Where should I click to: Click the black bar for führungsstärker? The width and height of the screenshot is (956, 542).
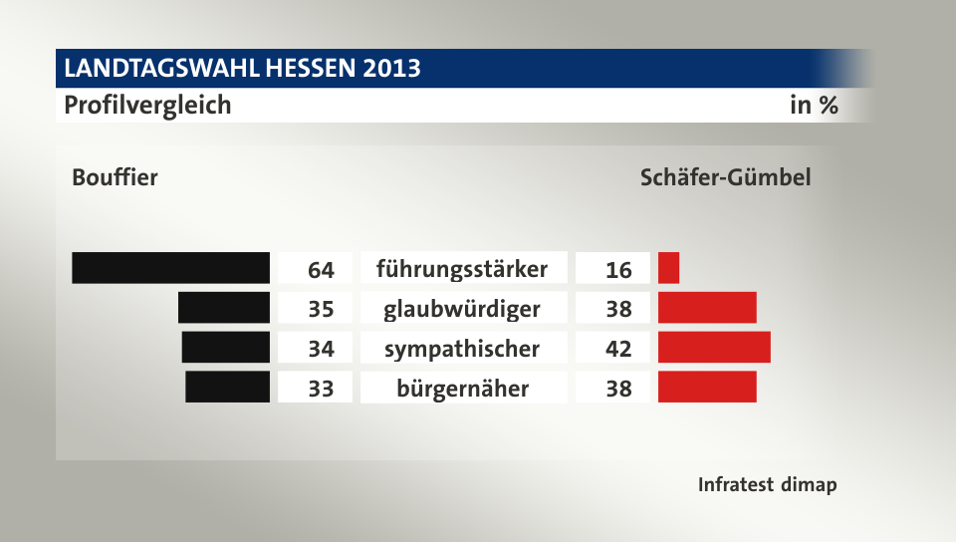(x=171, y=268)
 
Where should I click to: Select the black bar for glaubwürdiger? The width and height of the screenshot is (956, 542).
(x=224, y=308)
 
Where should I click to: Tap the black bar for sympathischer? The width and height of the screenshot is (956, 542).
(x=226, y=347)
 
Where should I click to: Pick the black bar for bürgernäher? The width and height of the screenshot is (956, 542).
(x=228, y=387)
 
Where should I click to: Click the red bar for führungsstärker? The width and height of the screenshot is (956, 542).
(x=668, y=268)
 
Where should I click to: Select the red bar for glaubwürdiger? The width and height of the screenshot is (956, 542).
(x=707, y=308)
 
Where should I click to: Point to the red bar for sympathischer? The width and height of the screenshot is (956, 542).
(x=714, y=347)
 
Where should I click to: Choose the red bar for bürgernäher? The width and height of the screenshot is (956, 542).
(x=707, y=387)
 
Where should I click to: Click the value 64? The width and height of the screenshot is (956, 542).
(x=321, y=270)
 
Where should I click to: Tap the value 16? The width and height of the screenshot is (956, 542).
(x=618, y=270)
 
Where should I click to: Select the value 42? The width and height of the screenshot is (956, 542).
(x=618, y=349)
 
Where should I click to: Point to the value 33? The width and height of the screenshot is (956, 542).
(x=321, y=389)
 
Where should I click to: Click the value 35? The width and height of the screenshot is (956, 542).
(x=321, y=309)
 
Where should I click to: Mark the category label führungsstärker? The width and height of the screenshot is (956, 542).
(x=462, y=269)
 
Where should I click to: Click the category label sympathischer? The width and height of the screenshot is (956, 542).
(x=462, y=349)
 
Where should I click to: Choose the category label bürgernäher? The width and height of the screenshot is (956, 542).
(x=462, y=388)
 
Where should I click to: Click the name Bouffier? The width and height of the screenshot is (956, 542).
(x=115, y=178)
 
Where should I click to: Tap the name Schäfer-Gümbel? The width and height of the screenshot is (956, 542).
(x=725, y=178)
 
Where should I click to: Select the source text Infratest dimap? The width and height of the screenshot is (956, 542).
(x=767, y=485)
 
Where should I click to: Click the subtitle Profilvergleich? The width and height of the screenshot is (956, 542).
(x=147, y=105)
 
